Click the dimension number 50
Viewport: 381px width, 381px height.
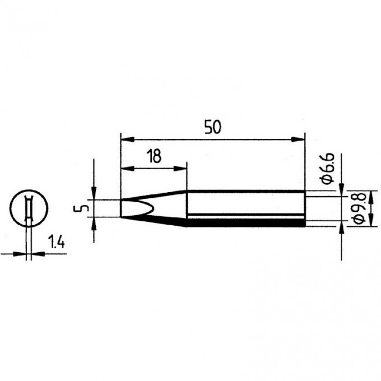tap(212, 127)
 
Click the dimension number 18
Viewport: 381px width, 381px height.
tap(154, 156)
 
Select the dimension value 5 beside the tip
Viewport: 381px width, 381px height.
tap(81, 208)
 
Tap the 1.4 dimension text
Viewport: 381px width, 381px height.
tap(57, 242)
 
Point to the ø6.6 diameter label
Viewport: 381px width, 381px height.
tap(328, 169)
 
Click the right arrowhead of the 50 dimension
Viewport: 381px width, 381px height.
tap(298, 140)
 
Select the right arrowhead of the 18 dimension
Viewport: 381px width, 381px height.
tap(180, 169)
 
